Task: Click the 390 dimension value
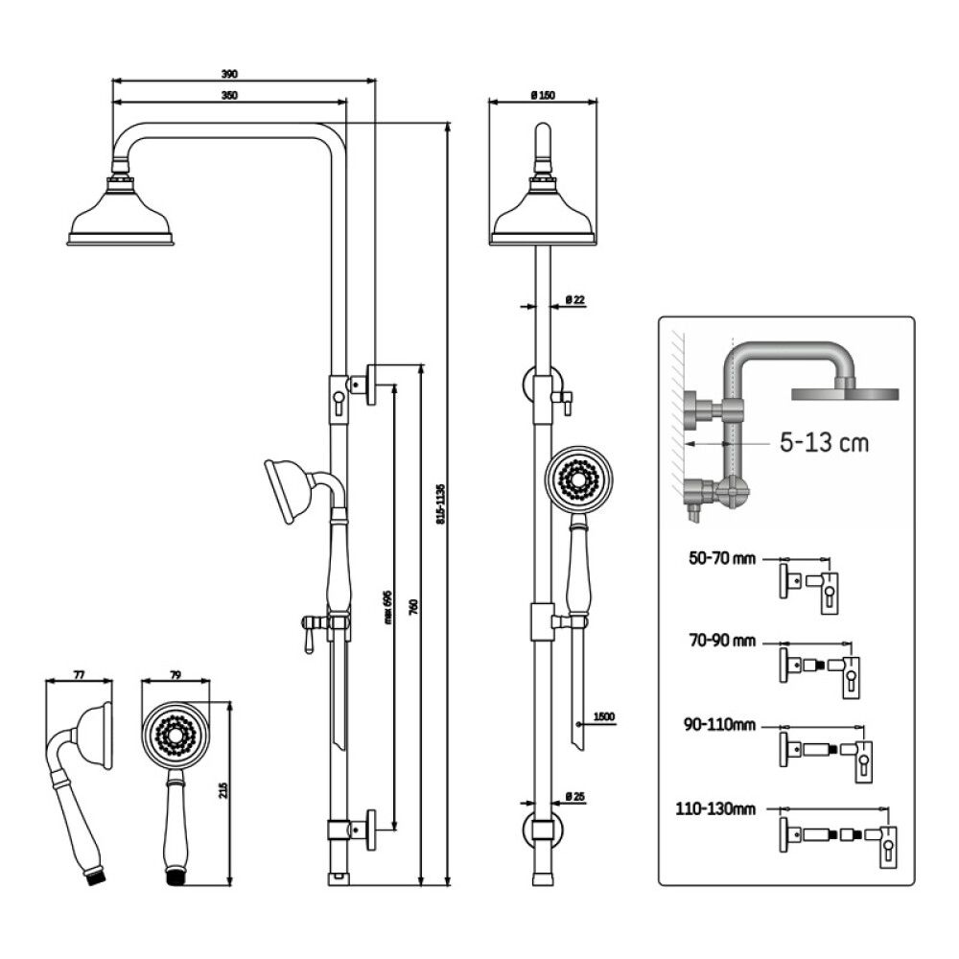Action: pyautogui.click(x=229, y=74)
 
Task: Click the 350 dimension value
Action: pyautogui.click(x=229, y=94)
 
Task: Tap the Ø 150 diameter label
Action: pyautogui.click(x=543, y=94)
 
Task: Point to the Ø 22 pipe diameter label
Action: pyautogui.click(x=574, y=300)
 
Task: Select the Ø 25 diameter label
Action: pyautogui.click(x=574, y=796)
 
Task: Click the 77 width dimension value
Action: pyautogui.click(x=79, y=675)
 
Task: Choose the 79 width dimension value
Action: pyautogui.click(x=175, y=675)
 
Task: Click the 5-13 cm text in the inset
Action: pyautogui.click(x=825, y=443)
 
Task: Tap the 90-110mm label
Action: pyautogui.click(x=719, y=724)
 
